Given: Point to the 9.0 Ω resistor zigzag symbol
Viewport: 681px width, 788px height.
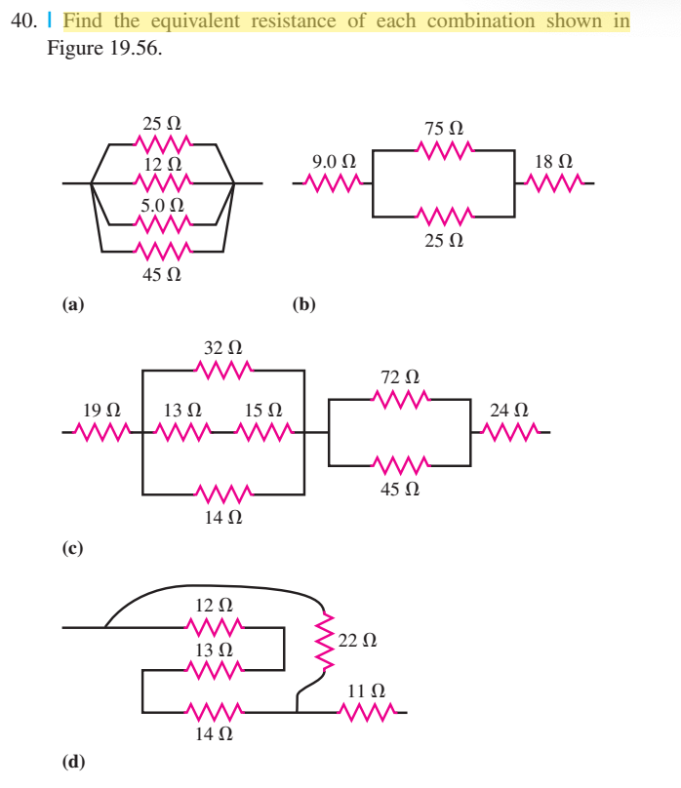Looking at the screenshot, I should [333, 181].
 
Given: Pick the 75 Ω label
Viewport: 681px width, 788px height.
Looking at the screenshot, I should [444, 129].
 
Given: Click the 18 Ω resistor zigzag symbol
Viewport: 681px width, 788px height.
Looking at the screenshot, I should [556, 181].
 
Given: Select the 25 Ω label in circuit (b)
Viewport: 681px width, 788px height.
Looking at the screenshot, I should [444, 239].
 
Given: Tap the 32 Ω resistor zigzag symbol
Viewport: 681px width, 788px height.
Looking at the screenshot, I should [223, 370].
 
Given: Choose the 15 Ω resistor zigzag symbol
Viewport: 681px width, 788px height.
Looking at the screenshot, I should [264, 430].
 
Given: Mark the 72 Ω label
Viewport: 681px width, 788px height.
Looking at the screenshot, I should [401, 375].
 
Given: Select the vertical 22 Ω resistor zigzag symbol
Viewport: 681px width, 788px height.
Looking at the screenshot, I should [323, 641].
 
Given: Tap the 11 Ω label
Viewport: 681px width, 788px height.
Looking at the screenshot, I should [364, 691].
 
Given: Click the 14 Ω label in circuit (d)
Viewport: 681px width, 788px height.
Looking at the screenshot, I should [214, 736].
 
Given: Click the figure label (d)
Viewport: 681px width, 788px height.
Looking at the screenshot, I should [73, 761].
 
